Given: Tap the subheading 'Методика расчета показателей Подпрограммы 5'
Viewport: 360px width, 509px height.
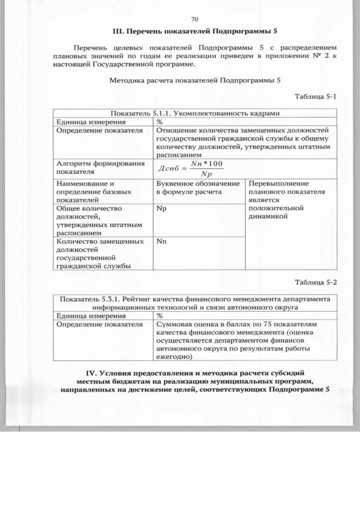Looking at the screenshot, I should coord(195,80).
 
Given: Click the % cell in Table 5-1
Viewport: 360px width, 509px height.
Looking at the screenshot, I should coord(160,121).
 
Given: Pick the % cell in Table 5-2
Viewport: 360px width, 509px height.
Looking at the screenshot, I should coord(160,316).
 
